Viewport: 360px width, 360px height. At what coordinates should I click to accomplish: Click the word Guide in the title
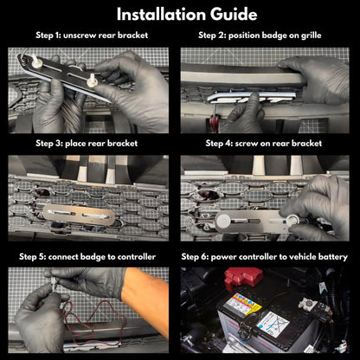coord(234,14)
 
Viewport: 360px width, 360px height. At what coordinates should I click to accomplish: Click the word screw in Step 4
coord(247,144)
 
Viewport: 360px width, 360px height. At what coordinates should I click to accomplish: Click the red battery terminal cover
coord(243,278)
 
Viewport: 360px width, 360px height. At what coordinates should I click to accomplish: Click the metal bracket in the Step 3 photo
coord(79,215)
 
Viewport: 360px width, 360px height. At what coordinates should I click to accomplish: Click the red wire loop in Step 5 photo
coord(93,318)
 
